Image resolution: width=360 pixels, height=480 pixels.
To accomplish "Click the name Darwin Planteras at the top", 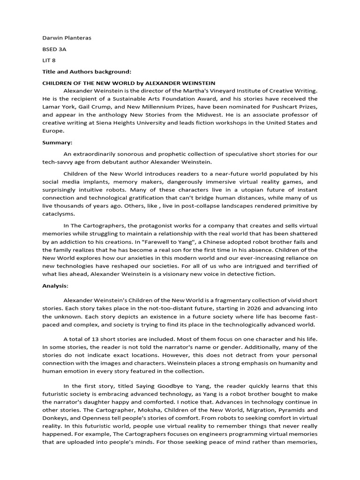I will click(x=67, y=38).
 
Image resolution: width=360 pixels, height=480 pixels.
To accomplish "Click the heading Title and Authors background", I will click(x=87, y=72).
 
